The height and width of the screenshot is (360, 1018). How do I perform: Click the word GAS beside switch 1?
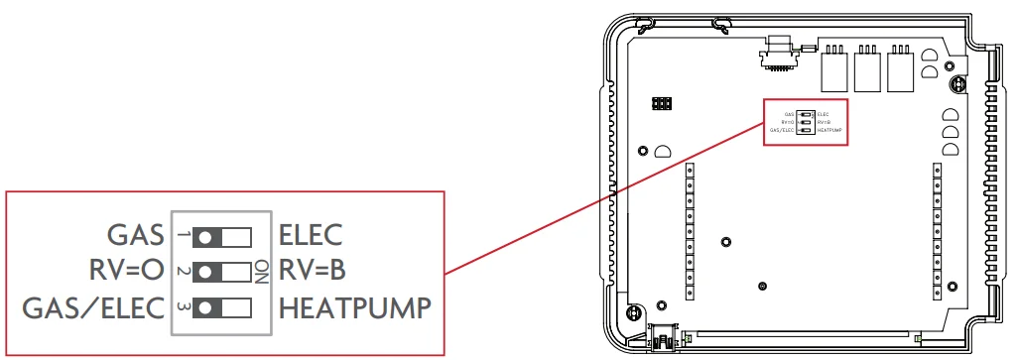(x=135, y=236)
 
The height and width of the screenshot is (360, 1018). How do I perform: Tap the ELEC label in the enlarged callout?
(x=311, y=236)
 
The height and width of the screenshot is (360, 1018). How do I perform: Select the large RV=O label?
(x=125, y=271)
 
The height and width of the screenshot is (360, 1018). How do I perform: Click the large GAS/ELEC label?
(x=93, y=307)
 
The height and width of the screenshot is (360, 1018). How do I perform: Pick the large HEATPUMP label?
(x=354, y=307)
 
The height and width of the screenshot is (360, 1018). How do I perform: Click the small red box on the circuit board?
(x=806, y=123)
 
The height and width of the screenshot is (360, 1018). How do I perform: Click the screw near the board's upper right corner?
(x=957, y=86)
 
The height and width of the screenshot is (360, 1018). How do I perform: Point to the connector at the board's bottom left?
(x=662, y=337)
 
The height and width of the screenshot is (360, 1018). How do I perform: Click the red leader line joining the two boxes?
(x=606, y=197)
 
